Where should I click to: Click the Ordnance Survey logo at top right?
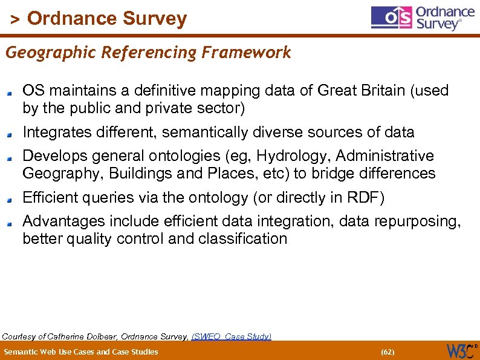[423, 19]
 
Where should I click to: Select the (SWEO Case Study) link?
[232, 336]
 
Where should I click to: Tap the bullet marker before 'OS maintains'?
[10, 93]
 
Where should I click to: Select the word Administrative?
[385, 156]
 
